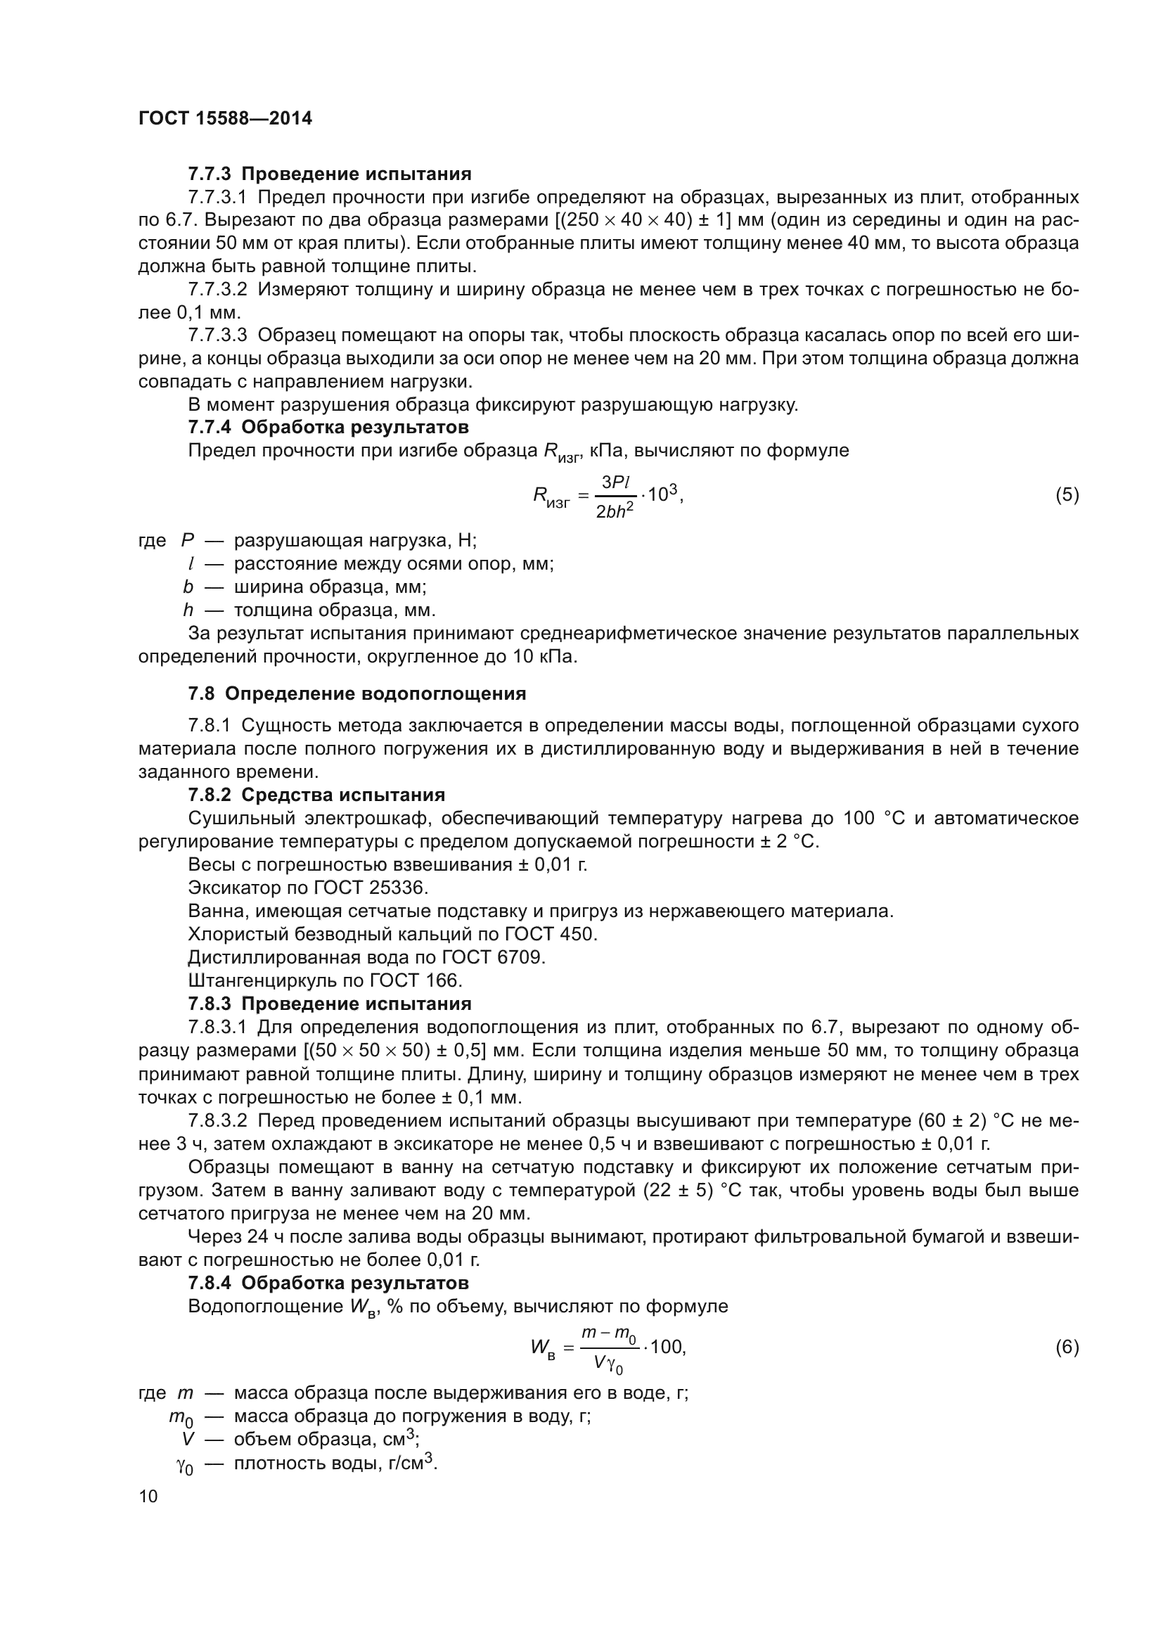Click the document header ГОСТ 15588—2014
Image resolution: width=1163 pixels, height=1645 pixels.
tap(225, 118)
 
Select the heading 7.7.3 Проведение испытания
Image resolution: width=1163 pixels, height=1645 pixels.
tap(329, 174)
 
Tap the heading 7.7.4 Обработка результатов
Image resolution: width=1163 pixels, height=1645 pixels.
tap(328, 427)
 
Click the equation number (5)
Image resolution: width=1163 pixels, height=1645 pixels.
tap(1067, 494)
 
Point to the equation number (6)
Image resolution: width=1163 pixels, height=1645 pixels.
tap(1067, 1347)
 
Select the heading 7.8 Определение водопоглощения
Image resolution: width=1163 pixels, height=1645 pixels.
tap(356, 693)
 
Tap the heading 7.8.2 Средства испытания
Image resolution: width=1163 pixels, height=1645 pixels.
tap(316, 795)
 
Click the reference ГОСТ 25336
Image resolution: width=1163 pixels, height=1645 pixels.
tap(371, 888)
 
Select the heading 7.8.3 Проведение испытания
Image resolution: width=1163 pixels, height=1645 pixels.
tap(329, 1003)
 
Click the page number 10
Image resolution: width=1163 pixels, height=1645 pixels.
tap(148, 1496)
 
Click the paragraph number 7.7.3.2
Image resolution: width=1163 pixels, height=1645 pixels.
tap(218, 290)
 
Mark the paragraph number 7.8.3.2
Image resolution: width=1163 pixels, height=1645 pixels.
tap(218, 1120)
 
